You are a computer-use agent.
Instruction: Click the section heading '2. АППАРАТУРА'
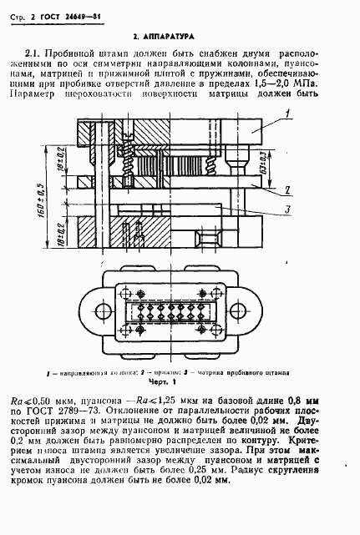tap(164, 38)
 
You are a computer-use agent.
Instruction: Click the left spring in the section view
tap(129, 168)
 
